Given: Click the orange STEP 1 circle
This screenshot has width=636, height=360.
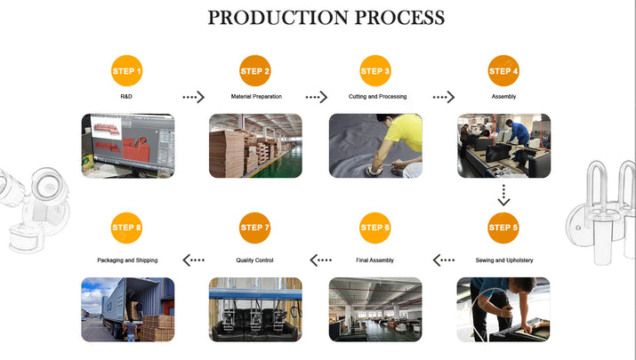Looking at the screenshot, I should (126, 71).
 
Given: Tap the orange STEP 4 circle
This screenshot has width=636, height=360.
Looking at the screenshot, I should (503, 71).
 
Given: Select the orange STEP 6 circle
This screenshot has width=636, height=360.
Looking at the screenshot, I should (375, 228).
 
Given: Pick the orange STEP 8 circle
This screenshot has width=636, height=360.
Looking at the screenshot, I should (126, 228).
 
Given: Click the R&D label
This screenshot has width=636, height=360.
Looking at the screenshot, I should (126, 96).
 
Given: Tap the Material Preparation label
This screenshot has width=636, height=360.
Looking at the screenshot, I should (256, 96).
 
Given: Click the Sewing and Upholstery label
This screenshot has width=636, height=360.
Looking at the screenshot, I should (503, 260).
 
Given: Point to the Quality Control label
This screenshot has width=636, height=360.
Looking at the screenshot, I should (256, 260).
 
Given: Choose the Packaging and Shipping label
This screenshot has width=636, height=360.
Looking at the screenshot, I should (127, 260).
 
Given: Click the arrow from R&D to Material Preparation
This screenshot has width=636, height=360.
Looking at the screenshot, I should (193, 97).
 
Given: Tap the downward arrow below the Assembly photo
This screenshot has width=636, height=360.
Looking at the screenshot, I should (503, 196).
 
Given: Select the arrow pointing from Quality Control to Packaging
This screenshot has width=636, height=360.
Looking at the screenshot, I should (194, 260).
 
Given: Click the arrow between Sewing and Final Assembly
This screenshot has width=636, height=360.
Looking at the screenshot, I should (444, 260).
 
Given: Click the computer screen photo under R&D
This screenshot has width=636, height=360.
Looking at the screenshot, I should (128, 145).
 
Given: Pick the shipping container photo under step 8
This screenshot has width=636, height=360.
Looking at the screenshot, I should (128, 309).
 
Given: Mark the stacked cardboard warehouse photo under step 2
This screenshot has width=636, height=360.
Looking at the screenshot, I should (255, 145).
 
